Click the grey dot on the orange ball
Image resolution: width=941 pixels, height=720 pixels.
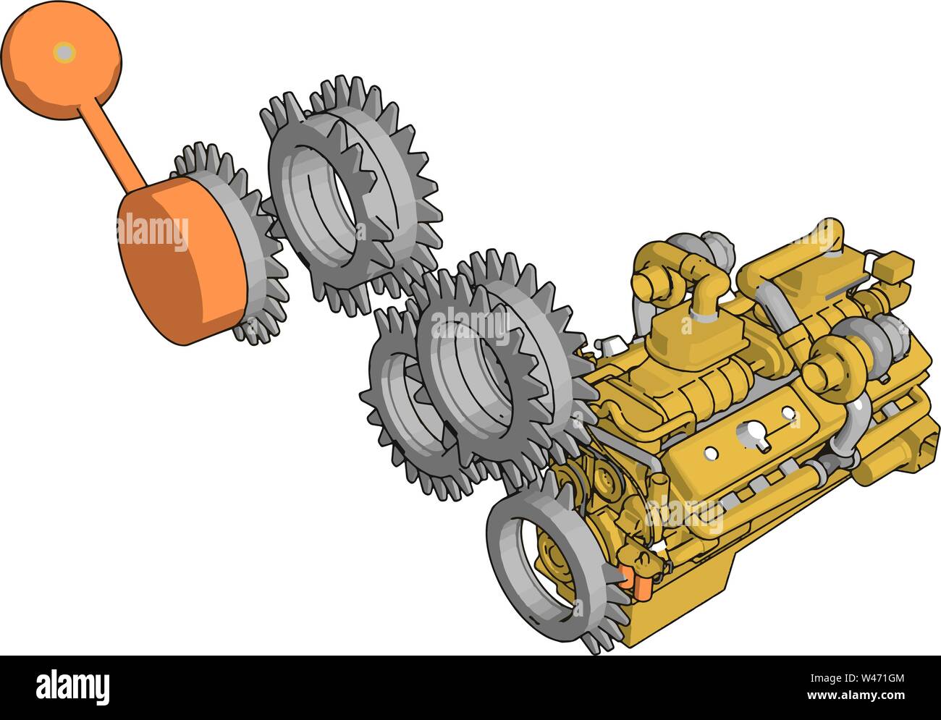64,52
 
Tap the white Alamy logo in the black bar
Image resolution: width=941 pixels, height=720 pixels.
74,685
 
